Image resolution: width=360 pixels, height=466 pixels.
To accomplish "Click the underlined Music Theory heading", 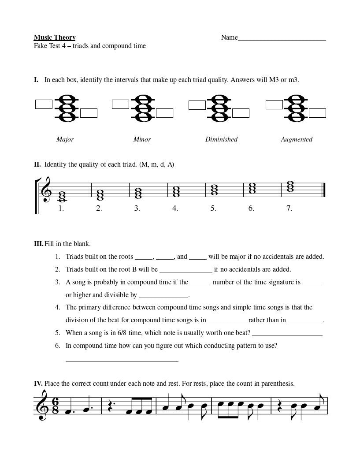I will (55, 37).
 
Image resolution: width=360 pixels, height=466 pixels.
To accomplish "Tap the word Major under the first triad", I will (65, 139).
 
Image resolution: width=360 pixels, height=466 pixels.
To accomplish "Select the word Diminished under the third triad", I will (221, 139).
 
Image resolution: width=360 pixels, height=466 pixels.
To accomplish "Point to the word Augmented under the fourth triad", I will (297, 139).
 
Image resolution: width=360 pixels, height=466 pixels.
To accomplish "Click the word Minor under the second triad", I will (142, 139).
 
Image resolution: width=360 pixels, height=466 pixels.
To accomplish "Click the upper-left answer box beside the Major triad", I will (44, 104).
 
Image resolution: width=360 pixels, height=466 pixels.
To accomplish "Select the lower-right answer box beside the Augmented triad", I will (317, 113).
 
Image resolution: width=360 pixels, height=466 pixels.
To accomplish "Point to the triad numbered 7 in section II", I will (289, 187).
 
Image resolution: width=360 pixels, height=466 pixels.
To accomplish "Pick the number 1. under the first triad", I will (61, 209).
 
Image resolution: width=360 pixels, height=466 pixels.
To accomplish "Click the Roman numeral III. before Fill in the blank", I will (38, 244).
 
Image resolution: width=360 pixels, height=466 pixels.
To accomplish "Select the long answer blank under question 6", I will (122, 360).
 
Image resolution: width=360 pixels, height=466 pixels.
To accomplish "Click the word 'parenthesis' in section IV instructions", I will (278, 384).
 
